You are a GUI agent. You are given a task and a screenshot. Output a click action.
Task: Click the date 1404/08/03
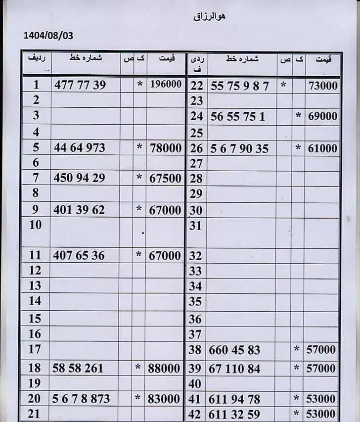[x=48, y=36]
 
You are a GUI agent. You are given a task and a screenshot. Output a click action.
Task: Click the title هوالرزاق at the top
[x=210, y=16]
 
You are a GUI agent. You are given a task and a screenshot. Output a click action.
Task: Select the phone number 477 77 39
[x=80, y=85]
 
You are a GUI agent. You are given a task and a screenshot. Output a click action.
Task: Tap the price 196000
[x=165, y=85]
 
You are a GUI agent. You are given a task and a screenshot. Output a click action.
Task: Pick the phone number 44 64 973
[x=79, y=147]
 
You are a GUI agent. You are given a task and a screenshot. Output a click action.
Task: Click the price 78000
[x=165, y=147]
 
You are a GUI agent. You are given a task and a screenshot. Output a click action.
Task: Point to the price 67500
[x=165, y=178]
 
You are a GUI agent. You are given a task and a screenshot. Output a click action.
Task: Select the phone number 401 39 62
[x=79, y=210]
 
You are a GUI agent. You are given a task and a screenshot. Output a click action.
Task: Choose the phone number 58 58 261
[x=78, y=368]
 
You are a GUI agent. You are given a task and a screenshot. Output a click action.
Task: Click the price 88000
[x=165, y=368]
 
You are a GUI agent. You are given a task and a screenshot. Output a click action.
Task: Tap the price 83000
[x=165, y=399]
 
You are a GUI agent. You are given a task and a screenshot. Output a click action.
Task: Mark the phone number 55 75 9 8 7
[x=240, y=86]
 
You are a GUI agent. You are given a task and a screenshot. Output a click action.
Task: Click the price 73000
[x=323, y=86]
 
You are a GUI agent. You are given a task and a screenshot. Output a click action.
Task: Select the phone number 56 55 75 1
[x=238, y=117]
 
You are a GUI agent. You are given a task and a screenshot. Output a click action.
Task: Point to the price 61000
[x=322, y=148]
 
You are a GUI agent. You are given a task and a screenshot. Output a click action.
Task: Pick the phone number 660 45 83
[x=234, y=350]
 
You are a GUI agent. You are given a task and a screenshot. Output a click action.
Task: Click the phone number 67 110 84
[x=234, y=369]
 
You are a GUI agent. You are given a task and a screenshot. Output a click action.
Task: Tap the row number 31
[x=196, y=226]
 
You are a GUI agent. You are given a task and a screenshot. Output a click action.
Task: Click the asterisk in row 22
[x=283, y=85]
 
